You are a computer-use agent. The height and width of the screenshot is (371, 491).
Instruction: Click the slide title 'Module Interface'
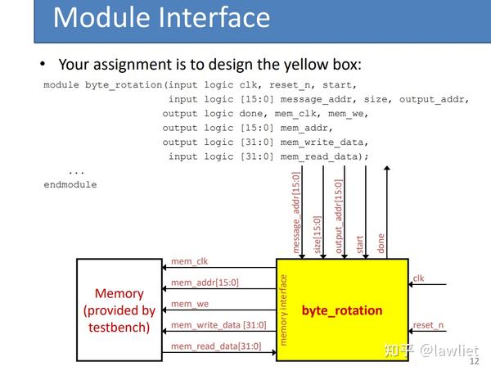161,18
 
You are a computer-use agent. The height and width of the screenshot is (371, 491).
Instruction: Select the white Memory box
119,310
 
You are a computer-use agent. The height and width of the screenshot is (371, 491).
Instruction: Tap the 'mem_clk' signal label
189,261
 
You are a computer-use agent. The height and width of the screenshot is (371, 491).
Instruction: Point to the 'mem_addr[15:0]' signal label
205,283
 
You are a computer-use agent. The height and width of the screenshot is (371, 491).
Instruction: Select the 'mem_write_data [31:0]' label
218,325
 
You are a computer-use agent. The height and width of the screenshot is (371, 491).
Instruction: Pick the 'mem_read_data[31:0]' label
215,346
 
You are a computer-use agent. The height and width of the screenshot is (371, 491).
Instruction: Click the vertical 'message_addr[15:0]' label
296,211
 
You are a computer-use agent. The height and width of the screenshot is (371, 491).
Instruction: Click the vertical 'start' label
360,243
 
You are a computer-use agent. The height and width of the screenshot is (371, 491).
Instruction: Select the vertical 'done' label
381,243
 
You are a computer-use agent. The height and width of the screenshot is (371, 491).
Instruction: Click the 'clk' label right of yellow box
418,278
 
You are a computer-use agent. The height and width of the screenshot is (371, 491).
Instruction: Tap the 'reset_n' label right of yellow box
429,325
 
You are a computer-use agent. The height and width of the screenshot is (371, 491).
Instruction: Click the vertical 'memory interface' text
284,310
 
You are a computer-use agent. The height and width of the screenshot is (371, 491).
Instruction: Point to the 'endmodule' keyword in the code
70,184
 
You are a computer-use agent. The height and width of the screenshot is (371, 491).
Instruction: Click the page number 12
473,360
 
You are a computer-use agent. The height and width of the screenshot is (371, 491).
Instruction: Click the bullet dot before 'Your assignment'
43,65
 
